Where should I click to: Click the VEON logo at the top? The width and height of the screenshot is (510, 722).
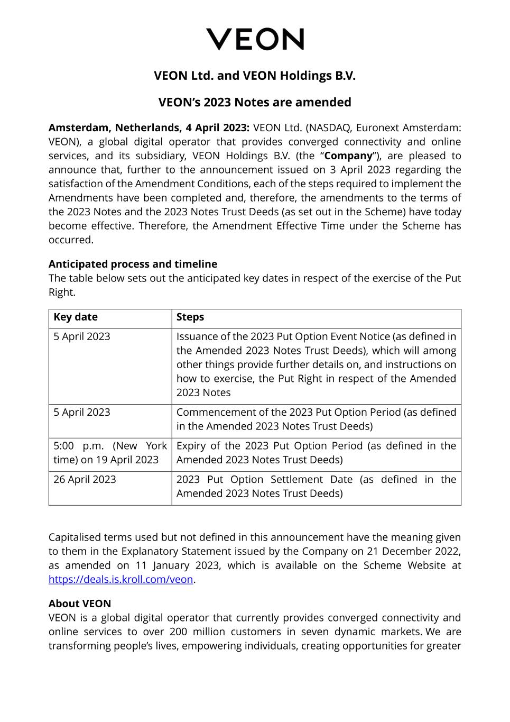[x=255, y=40]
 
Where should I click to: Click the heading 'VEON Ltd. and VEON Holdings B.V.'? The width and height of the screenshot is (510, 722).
[x=255, y=76]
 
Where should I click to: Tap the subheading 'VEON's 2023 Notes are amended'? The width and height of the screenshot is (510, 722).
[x=255, y=102]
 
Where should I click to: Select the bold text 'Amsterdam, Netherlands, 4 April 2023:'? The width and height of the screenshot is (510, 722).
[x=149, y=128]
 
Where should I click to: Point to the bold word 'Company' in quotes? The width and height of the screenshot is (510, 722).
[x=348, y=156]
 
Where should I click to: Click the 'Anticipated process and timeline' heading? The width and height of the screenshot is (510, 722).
[x=133, y=264]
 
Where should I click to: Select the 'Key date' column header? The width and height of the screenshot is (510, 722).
[x=76, y=317]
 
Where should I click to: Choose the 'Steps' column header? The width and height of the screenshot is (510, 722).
[x=190, y=317]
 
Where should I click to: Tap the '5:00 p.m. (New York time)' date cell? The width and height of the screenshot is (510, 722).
[x=110, y=453]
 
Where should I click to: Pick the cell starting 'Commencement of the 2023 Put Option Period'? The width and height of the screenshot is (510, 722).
[x=316, y=419]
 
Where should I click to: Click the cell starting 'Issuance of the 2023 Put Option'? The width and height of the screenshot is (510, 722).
[x=316, y=365]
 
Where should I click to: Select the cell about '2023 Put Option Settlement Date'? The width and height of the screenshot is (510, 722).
[x=316, y=487]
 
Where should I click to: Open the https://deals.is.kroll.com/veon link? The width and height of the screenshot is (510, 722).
[x=121, y=580]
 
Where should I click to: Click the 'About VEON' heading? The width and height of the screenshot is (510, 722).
[x=80, y=604]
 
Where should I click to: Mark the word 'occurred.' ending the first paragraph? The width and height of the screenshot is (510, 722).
[x=71, y=240]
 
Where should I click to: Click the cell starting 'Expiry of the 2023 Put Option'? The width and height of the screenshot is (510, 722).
[x=316, y=453]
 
